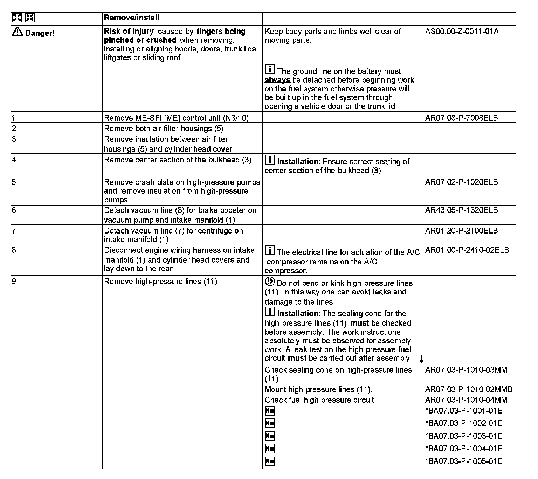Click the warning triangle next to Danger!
coord(17,32)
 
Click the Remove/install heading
coord(131,18)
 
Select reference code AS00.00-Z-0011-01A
coord(462,32)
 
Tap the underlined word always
coord(277,80)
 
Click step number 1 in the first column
coord(13,118)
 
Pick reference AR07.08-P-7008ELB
coord(461,118)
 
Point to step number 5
coord(14,182)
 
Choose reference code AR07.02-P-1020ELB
coord(461,182)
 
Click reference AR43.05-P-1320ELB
coord(461,210)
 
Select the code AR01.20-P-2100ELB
coord(461,231)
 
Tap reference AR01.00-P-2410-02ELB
coord(467,250)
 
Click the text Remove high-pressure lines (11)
coord(160,282)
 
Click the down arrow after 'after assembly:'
coord(421,359)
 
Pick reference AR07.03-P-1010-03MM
coord(466,370)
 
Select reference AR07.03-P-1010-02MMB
coord(468,389)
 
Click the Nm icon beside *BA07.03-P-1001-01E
coord(270,411)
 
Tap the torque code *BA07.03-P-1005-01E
coord(463,461)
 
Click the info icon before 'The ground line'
coord(270,69)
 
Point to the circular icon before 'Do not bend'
coord(270,282)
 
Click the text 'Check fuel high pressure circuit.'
coord(320,400)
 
